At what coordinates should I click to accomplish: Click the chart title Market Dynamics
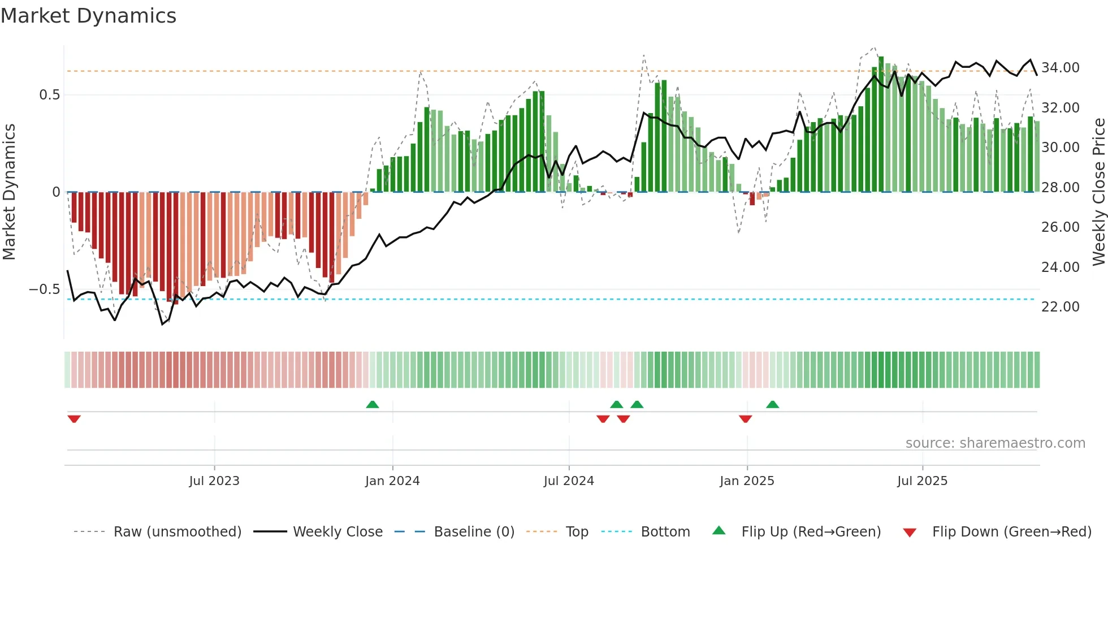coord(88,16)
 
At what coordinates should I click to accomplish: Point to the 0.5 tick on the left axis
coord(49,95)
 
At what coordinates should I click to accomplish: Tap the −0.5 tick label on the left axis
coord(44,289)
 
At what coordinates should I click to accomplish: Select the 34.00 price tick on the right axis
coord(1060,68)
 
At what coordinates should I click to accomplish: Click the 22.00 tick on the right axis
coord(1060,307)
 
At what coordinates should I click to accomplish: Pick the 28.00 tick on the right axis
coord(1060,188)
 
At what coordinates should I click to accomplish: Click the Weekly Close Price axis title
coord(1098,192)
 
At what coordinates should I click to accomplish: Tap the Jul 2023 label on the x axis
coord(214,481)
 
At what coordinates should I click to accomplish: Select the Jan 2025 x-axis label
coord(747,481)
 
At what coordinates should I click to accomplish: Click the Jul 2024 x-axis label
coord(569,481)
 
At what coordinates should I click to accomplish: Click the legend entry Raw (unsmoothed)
coord(177,532)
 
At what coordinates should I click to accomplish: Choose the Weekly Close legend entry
coord(337,532)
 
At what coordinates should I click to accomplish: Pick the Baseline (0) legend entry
coord(474,532)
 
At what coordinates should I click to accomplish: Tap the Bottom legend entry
coord(665,532)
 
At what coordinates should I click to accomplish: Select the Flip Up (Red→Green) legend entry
coord(811,532)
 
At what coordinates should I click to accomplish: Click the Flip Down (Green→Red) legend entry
coord(1011,532)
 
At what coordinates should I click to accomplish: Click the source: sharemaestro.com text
coord(995,443)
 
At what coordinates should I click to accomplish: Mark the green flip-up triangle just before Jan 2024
coord(373,404)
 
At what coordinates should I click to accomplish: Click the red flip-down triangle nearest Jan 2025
coord(745,419)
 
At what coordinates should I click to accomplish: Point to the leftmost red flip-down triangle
coord(74,419)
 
